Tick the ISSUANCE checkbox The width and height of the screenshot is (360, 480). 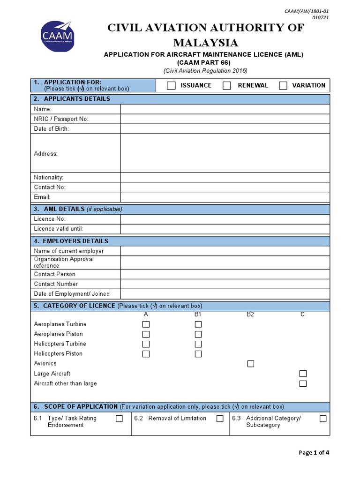pos(172,85)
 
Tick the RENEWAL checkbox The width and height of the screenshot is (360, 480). pos(227,85)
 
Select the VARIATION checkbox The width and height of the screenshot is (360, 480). pos(283,85)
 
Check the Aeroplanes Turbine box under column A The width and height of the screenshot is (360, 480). pos(146,324)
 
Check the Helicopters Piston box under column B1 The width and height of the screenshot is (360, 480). pos(198,354)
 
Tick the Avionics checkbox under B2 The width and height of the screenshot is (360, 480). pos(251,364)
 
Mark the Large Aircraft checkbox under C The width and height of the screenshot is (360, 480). pos(303,374)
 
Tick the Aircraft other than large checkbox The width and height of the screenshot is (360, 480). pos(303,383)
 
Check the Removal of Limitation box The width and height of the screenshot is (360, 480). pos(220,419)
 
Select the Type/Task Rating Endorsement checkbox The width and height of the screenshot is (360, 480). pos(119,419)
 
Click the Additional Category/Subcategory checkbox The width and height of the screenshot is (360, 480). pos(323,419)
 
